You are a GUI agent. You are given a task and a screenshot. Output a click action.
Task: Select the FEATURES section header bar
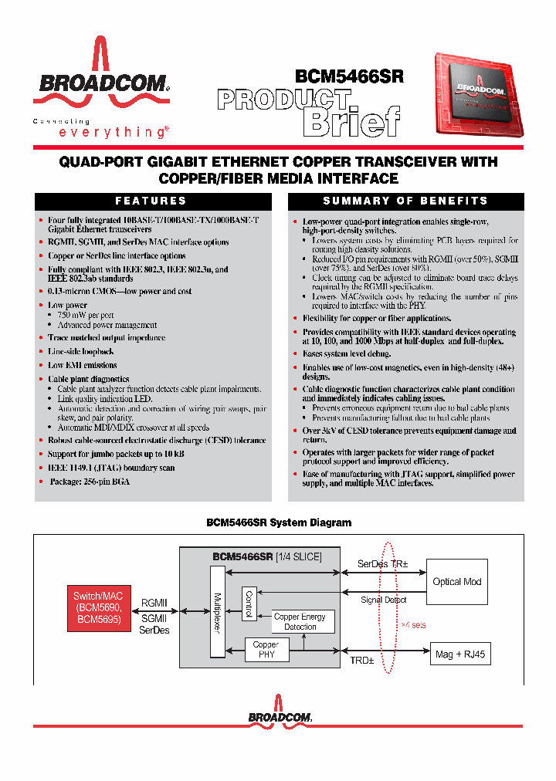click(151, 201)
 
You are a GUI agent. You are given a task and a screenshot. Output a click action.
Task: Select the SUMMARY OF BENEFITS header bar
click(405, 201)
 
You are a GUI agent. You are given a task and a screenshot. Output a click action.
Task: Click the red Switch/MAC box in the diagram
click(97, 608)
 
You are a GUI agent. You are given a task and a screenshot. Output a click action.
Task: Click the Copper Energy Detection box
click(300, 622)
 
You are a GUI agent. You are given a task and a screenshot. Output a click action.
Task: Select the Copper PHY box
click(266, 650)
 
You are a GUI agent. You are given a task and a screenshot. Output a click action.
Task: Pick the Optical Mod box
click(457, 582)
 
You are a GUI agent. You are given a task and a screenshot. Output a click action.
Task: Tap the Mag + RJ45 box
click(459, 654)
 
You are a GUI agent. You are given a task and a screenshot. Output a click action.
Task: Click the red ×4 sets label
click(414, 624)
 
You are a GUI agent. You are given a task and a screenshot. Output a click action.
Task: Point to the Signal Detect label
click(384, 600)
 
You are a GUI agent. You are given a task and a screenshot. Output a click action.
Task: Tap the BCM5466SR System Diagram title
click(279, 522)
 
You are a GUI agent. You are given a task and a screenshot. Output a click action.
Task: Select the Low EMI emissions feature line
click(83, 365)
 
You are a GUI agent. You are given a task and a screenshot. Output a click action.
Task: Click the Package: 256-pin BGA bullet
click(90, 482)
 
